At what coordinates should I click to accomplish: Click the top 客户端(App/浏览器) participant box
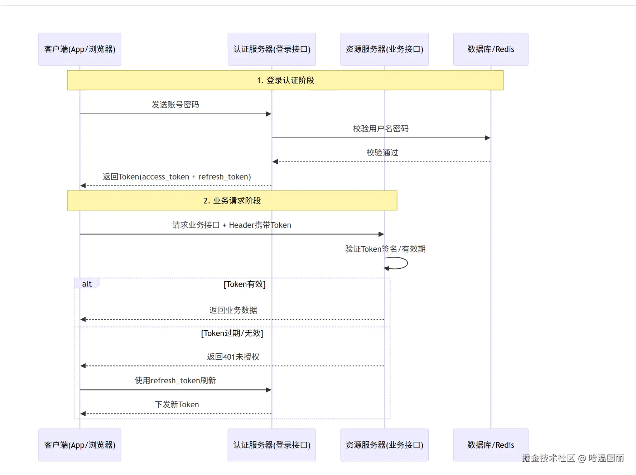[x=79, y=49]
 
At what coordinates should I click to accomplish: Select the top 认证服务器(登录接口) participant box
[x=271, y=49]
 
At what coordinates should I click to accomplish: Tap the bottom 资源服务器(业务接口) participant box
[x=384, y=445]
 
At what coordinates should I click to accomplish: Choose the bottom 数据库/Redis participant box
[x=490, y=445]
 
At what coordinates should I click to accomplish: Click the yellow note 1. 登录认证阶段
[x=285, y=80]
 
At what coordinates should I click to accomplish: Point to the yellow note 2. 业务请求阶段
[x=232, y=201]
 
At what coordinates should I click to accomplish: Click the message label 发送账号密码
[x=175, y=105]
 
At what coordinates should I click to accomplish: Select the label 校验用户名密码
[x=381, y=129]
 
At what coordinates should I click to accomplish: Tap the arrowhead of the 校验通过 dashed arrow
[x=275, y=162]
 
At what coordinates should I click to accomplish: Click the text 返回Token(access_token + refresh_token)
[x=177, y=177]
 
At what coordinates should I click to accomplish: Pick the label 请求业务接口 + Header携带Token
[x=231, y=225]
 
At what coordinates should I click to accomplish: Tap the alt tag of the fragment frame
[x=87, y=284]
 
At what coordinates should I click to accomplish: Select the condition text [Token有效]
[x=245, y=284]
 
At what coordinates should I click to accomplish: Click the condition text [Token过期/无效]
[x=232, y=334]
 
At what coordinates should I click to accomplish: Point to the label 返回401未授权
[x=233, y=357]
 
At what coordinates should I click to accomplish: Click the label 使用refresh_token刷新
[x=175, y=380]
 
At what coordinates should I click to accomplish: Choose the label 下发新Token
[x=177, y=404]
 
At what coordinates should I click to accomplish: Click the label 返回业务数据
[x=233, y=310]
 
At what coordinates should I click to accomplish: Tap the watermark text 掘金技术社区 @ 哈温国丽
[x=573, y=458]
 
